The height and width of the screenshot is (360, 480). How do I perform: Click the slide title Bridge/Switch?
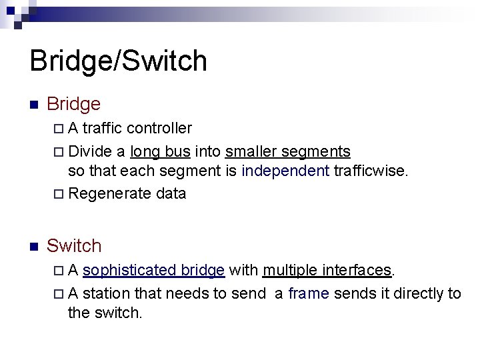click(x=119, y=61)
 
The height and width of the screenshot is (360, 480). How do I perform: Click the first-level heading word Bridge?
click(x=73, y=104)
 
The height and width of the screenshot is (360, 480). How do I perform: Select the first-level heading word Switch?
click(x=74, y=246)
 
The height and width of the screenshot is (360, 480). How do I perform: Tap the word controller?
click(x=159, y=128)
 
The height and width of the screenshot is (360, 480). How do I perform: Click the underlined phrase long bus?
click(x=161, y=151)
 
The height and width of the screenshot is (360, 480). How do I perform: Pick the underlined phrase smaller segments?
click(x=288, y=151)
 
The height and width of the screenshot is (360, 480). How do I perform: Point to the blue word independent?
click(x=285, y=171)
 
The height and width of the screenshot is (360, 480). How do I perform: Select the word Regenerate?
click(x=109, y=194)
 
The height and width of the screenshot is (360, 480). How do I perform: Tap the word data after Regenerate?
click(x=171, y=194)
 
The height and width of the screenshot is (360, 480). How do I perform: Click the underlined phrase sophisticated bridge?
click(x=153, y=270)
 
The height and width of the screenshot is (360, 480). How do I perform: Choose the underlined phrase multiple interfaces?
click(x=327, y=270)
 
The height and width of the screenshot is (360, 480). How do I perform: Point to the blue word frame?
click(x=309, y=293)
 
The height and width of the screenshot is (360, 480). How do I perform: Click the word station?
click(x=107, y=293)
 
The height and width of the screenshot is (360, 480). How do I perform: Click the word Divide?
click(x=90, y=151)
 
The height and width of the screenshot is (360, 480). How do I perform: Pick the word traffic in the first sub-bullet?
click(x=102, y=128)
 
